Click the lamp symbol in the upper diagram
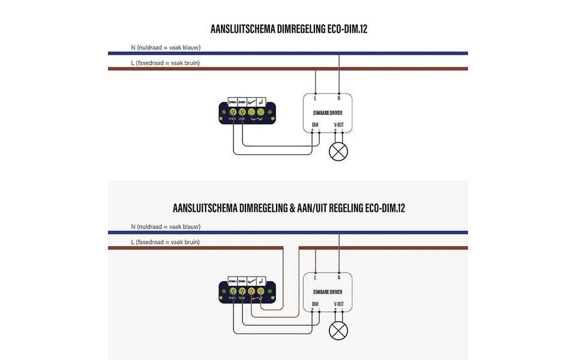[338, 151]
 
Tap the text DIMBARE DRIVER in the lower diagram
[327, 291]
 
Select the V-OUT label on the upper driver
[339, 125]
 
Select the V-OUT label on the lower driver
[339, 304]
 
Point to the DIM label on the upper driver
[315, 125]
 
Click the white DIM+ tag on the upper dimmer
[232, 103]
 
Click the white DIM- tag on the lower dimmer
[242, 281]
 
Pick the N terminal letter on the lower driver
[339, 277]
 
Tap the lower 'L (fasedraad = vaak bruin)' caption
[165, 242]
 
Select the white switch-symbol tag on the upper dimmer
[251, 103]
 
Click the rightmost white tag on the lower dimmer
[261, 281]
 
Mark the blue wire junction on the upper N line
[339, 53]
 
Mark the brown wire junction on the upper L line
[316, 69]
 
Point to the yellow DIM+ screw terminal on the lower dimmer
[232, 292]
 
